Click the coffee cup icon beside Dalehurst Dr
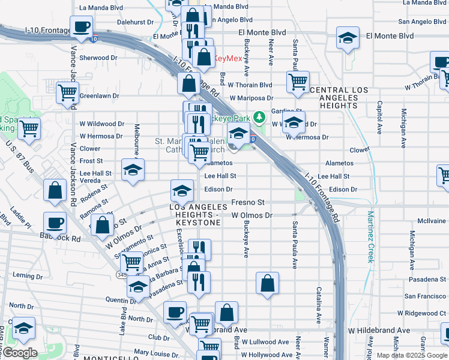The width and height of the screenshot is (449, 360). tap(81, 27)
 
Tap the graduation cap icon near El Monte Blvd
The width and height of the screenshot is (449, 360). tap(348, 39)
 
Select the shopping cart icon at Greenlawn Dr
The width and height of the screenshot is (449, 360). tap(67, 94)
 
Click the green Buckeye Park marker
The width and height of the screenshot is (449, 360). tap(259, 116)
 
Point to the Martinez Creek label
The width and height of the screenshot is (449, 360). tap(371, 236)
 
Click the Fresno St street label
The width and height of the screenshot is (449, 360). tap(247, 203)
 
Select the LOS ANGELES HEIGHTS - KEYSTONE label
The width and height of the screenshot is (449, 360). tap(194, 214)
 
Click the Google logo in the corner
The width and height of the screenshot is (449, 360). tap(20, 353)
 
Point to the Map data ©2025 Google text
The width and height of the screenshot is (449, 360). tap(412, 355)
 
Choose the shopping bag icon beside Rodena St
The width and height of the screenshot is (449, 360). tap(55, 190)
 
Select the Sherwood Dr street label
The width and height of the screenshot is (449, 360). tap(98, 58)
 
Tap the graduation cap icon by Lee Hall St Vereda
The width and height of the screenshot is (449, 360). tap(133, 170)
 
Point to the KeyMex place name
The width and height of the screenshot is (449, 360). tap(228, 59)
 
